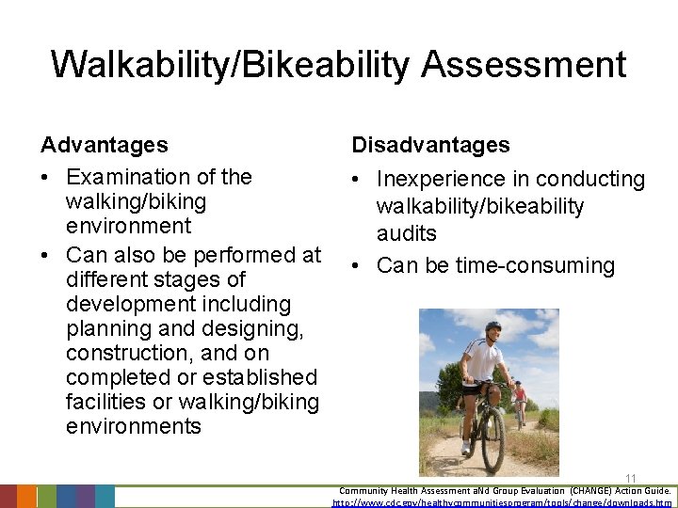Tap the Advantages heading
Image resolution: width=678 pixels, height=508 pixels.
[105, 145]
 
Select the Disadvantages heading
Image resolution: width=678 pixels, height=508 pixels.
[430, 145]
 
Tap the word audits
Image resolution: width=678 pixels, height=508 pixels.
[407, 233]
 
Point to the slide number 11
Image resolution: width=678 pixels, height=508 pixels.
[630, 479]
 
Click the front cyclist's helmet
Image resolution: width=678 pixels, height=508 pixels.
[492, 326]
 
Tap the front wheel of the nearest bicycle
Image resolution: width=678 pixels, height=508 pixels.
[492, 439]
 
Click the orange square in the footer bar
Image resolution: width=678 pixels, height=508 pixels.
[27, 497]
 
